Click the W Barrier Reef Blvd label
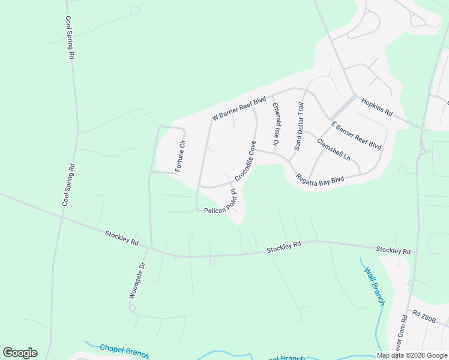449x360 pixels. pos(239,110)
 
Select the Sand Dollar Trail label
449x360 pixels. pos(299,126)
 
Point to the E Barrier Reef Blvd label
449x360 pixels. pos(357,135)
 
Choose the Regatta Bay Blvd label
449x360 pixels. pos(320,180)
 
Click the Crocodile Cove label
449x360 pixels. pos(246,161)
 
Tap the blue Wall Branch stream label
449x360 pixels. pos(374,286)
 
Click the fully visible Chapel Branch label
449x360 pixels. pos(124,351)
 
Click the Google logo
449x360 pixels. pos(20,353)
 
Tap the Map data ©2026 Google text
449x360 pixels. pos(412,355)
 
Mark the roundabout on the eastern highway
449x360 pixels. pos(424,151)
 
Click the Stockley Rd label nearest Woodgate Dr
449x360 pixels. pos(122,238)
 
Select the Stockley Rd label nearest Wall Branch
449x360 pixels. pos(393,250)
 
